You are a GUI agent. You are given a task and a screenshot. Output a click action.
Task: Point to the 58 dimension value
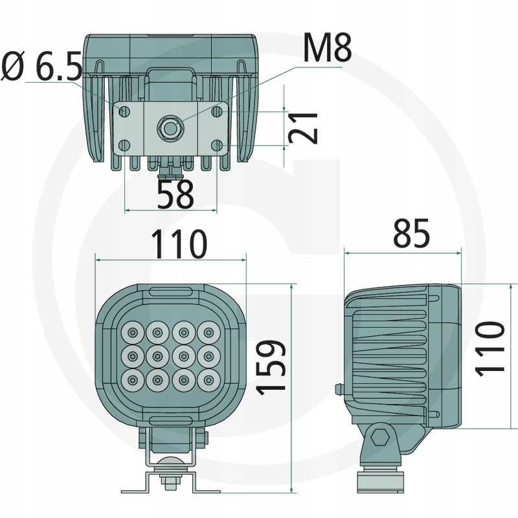click(x=175, y=194)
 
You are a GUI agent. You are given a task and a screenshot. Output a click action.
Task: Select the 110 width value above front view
click(x=179, y=244)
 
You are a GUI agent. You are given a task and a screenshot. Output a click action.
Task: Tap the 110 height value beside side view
click(x=490, y=347)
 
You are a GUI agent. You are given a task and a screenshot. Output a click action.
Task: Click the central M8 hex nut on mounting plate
click(x=170, y=129)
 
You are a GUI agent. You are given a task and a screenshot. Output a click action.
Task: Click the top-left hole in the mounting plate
click(x=125, y=112)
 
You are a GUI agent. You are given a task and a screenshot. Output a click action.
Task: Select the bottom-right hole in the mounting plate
click(x=217, y=144)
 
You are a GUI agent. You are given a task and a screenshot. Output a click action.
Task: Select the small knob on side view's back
click(x=338, y=388)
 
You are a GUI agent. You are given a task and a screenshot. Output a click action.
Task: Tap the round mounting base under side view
click(x=382, y=480)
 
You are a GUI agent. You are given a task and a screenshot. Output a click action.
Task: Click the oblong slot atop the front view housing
click(x=171, y=291)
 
